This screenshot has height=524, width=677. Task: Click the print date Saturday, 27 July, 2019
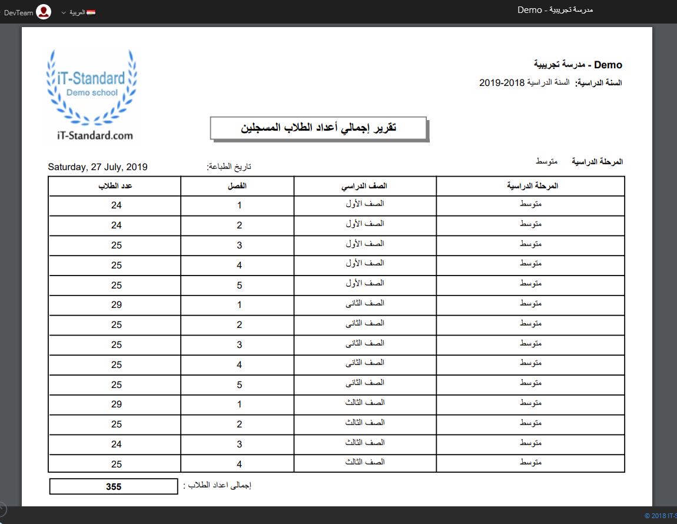tap(98, 167)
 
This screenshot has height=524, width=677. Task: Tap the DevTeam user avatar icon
tap(44, 12)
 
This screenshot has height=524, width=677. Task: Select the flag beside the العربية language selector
tap(91, 12)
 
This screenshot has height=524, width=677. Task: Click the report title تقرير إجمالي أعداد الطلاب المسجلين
tap(318, 128)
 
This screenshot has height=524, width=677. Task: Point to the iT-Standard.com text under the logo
tap(92, 135)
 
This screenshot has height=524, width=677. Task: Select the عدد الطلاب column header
tap(115, 186)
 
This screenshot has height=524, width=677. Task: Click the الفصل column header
tap(238, 186)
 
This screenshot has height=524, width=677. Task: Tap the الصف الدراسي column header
tap(366, 186)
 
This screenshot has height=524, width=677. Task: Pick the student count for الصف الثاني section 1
tap(117, 305)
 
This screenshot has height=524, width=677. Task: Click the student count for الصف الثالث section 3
tap(117, 444)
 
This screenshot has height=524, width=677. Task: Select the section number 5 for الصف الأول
tap(239, 285)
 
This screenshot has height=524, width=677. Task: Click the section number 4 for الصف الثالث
tap(239, 464)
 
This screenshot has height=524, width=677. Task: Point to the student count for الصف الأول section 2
tap(117, 225)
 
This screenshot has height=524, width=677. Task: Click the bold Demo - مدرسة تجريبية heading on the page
tap(578, 65)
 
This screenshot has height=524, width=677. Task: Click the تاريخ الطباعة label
tap(229, 167)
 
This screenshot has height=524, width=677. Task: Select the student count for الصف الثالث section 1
tap(117, 404)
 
